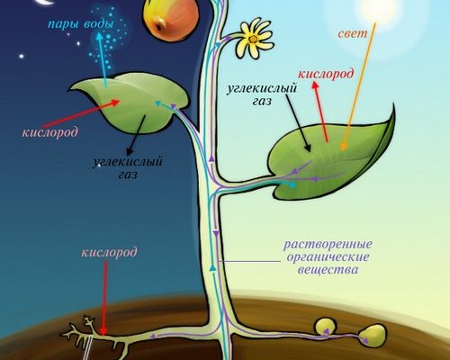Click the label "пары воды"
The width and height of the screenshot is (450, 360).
tap(80, 23)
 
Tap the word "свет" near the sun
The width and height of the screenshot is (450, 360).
tap(353, 33)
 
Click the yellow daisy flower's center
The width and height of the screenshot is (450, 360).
tap(253, 39)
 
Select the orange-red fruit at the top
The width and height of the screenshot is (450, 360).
tap(170, 19)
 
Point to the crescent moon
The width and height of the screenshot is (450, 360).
tap(45, 3)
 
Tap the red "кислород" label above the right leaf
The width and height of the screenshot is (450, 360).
tap(326, 74)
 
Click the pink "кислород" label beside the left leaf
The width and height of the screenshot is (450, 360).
tap(49, 132)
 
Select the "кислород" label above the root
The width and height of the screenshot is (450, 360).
tap(109, 252)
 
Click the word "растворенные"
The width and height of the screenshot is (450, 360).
tap(328, 245)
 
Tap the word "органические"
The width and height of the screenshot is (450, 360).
tap(328, 257)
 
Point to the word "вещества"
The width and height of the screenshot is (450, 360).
tap(328, 269)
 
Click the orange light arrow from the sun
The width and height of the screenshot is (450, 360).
tap(359, 86)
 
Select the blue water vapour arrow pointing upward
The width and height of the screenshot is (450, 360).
tap(102, 59)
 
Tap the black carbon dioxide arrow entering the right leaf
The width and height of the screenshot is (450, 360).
tap(298, 123)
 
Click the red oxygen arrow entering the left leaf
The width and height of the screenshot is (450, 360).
tap(81, 113)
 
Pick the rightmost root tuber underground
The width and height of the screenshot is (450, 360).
tap(372, 335)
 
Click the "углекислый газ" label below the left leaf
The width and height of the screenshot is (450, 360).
tap(128, 167)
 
